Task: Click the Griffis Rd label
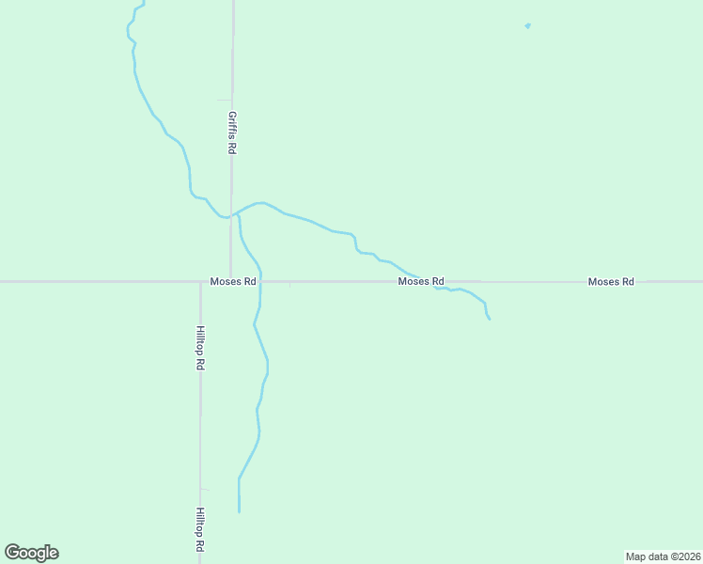coord(231,133)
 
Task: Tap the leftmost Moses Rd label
coord(234,281)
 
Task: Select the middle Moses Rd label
coord(420,281)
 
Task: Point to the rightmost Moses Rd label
coord(611,281)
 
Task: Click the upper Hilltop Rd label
coord(200,347)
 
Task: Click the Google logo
coord(31,553)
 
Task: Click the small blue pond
coord(527,25)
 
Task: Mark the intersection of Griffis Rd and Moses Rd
coord(231,281)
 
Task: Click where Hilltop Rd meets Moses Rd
coord(200,281)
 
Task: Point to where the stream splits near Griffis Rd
coord(234,213)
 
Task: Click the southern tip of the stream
coord(239,511)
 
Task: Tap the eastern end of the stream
coord(490,320)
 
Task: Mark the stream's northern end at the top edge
coord(144,3)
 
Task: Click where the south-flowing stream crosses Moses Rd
coord(260,281)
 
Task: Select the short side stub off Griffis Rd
coord(224,100)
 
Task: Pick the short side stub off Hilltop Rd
coord(205,489)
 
